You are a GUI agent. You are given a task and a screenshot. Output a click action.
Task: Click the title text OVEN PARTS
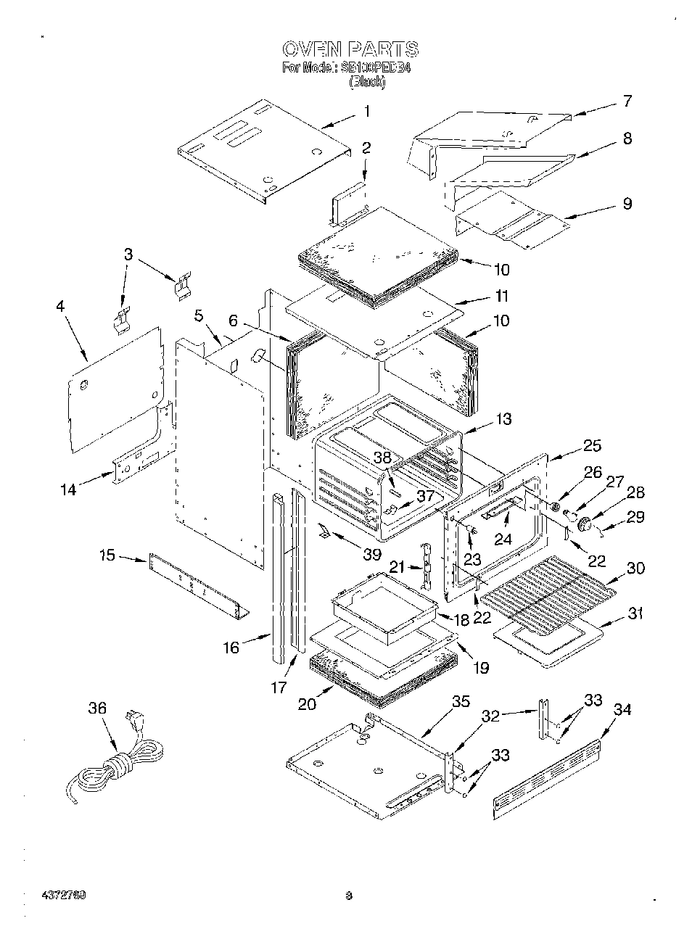tap(350, 49)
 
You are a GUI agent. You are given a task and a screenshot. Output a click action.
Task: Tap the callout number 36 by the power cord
tap(97, 708)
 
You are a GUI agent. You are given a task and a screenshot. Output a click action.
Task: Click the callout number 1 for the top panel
tap(367, 111)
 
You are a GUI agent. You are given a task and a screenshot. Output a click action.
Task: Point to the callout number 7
tap(627, 102)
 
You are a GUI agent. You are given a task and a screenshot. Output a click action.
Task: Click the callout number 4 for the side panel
tap(60, 307)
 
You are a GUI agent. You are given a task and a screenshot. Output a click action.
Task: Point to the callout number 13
tap(503, 419)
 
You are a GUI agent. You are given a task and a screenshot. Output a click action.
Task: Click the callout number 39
tap(371, 554)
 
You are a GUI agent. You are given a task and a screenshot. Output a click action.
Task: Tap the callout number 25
tap(592, 445)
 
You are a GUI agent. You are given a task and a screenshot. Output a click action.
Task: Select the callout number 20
tap(308, 703)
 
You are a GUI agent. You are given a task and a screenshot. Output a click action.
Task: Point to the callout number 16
tap(231, 647)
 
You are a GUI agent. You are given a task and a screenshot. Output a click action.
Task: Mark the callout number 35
tap(461, 701)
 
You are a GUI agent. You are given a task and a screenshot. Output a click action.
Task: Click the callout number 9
tap(627, 204)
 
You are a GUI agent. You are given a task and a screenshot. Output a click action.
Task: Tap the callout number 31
tap(635, 613)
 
